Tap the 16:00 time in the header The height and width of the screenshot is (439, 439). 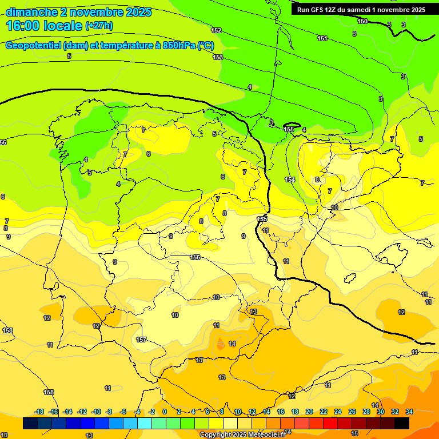(23, 25)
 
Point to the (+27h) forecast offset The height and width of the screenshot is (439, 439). (99, 26)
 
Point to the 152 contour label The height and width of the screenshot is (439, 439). (216, 30)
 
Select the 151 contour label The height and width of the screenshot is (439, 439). (322, 38)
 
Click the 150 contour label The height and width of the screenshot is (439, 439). (362, 21)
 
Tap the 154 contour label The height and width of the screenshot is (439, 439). (290, 179)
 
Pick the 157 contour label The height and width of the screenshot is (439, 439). (141, 340)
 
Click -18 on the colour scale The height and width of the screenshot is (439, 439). (39, 412)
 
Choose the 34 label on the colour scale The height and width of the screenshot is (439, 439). (409, 412)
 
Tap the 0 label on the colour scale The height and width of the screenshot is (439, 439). (165, 412)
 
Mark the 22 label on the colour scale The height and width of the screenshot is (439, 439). (324, 412)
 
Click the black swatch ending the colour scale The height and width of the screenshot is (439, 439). (402, 423)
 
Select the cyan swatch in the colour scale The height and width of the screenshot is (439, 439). (145, 423)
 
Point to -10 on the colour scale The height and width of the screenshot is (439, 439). (96, 412)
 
